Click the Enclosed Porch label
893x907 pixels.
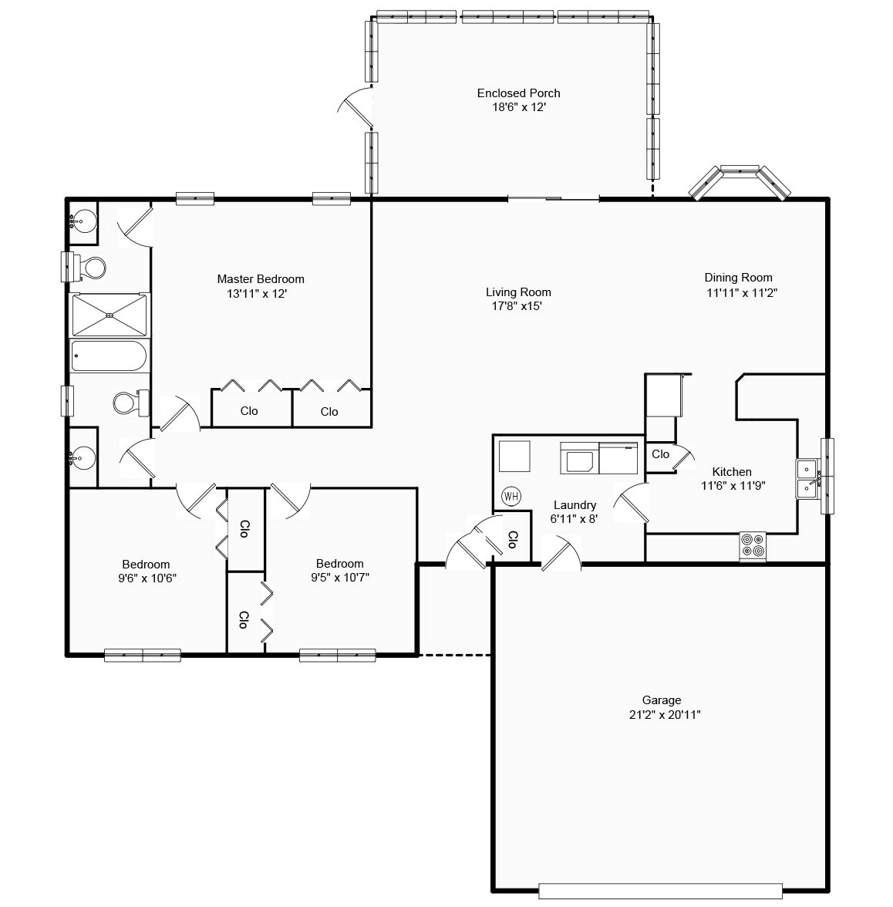point(518,93)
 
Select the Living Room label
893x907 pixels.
point(518,292)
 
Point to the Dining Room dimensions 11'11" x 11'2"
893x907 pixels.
point(738,292)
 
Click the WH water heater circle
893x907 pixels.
point(511,496)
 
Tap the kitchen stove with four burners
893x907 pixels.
point(753,546)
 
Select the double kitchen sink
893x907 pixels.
point(807,478)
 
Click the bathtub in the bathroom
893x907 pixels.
point(109,357)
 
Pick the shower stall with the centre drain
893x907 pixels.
point(110,315)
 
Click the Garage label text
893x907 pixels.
point(662,700)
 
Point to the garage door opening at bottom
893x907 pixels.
point(660,891)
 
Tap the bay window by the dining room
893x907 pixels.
point(740,180)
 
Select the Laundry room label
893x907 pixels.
point(575,505)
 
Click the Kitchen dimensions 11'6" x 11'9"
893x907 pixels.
point(733,486)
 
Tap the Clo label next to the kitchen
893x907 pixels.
point(660,454)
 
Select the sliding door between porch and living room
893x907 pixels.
point(553,200)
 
